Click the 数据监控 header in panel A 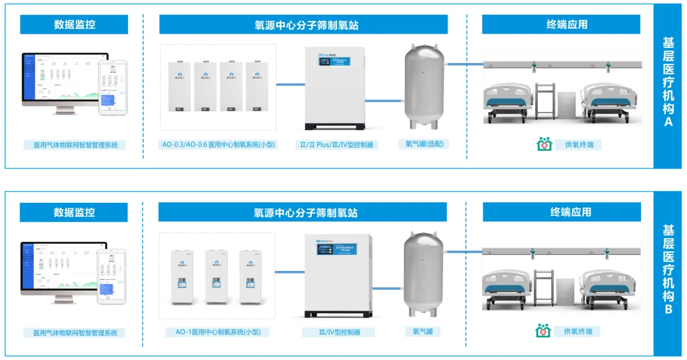tap(74, 24)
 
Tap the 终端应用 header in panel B tap(561, 212)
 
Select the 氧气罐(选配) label tap(424, 144)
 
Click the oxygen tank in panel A tap(425, 88)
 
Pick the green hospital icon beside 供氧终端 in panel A tap(544, 144)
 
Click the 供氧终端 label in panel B tap(577, 331)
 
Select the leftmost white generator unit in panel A tap(178, 87)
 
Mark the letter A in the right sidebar tap(668, 121)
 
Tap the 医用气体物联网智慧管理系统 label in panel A tap(75, 145)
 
